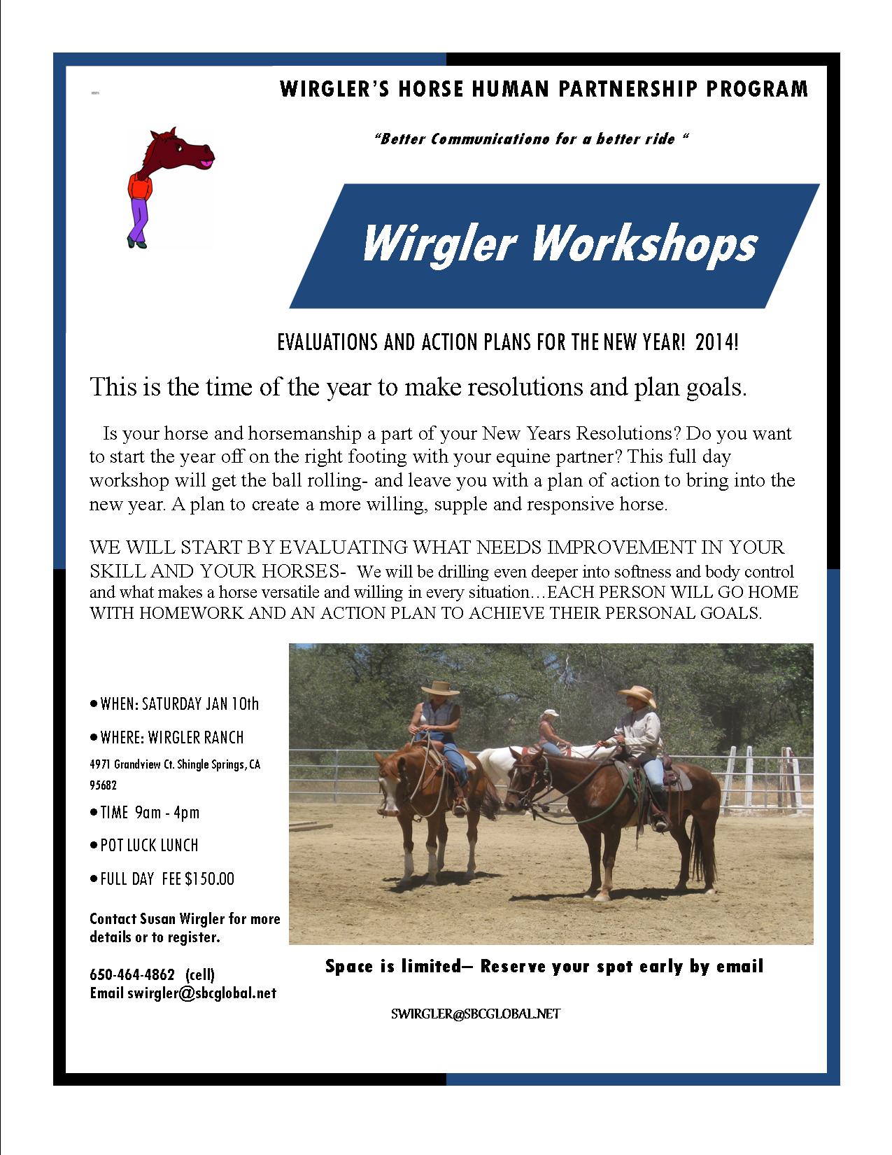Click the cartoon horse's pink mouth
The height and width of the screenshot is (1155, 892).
click(x=206, y=158)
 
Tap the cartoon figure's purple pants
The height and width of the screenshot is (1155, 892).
click(x=138, y=218)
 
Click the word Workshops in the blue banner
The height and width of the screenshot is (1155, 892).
click(x=644, y=244)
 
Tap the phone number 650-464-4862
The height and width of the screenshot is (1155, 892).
click(x=132, y=974)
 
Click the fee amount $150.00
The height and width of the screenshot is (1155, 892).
click(x=209, y=878)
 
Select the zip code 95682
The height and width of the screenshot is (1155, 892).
click(x=103, y=785)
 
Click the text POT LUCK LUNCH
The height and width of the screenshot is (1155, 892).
click(x=149, y=845)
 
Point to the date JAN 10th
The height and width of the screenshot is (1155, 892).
click(x=233, y=703)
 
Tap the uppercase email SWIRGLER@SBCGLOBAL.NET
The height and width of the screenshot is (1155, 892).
click(x=476, y=1014)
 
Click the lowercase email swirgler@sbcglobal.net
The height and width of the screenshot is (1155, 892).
click(x=202, y=993)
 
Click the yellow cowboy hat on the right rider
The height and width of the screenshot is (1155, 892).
click(x=637, y=694)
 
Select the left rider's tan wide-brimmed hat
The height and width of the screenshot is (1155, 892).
click(x=439, y=688)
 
